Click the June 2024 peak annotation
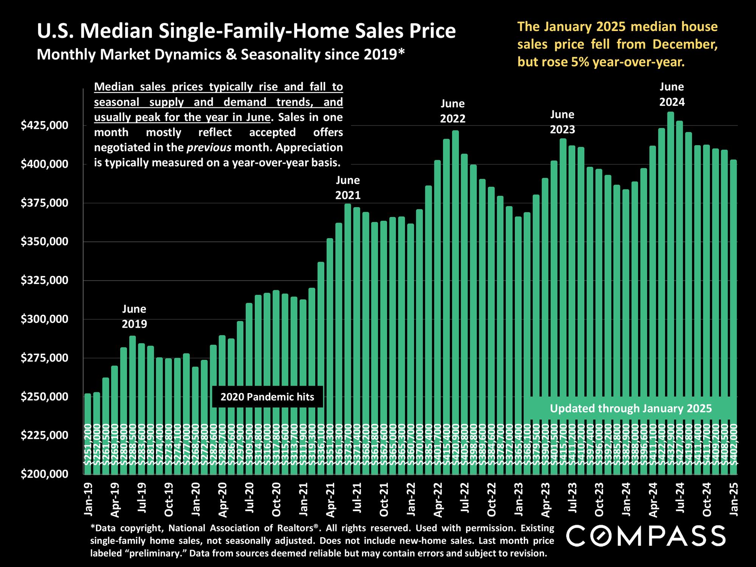(x=672, y=94)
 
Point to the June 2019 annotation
(x=134, y=316)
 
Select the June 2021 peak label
(x=348, y=187)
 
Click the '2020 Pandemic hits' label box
(x=267, y=397)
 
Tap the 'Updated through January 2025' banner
(x=631, y=409)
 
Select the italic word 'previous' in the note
(x=209, y=147)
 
